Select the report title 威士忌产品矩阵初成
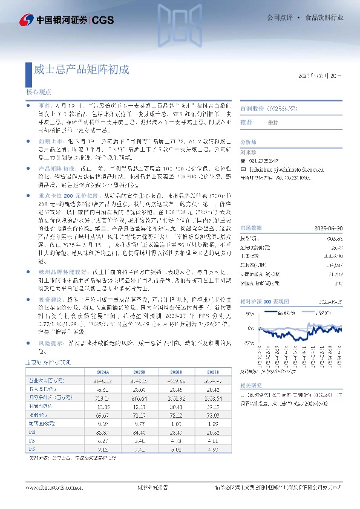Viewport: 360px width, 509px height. [x=81, y=69]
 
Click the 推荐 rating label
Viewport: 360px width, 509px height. [x=246, y=122]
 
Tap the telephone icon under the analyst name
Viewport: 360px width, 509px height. [x=244, y=162]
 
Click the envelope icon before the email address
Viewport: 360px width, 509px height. [x=244, y=170]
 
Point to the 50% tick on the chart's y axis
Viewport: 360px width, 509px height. [x=247, y=314]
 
